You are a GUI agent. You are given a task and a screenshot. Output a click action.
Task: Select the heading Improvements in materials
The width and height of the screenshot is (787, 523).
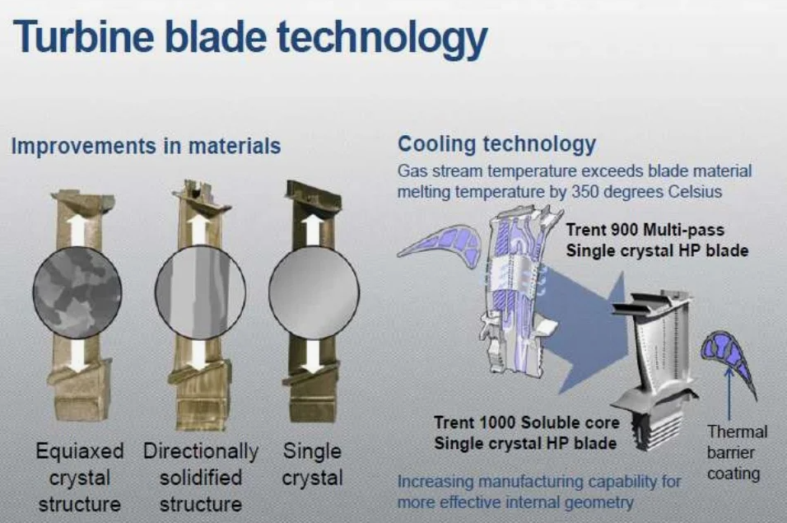(146, 146)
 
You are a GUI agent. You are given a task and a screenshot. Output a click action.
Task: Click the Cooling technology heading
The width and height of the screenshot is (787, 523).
(497, 144)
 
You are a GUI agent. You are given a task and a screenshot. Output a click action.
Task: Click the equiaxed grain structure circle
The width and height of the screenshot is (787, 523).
(77, 292)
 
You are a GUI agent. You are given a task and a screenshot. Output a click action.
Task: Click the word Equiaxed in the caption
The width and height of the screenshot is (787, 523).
(80, 451)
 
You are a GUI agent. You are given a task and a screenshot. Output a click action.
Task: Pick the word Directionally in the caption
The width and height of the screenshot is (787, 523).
(201, 451)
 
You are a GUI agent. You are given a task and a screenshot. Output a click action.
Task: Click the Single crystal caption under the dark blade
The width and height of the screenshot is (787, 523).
(312, 465)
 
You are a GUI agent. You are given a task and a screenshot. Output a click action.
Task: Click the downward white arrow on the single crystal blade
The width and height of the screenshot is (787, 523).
(314, 357)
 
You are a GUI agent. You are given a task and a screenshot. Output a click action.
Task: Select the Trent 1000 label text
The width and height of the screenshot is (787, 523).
(527, 432)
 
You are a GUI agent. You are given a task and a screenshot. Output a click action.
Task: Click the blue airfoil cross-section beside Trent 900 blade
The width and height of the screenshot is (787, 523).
(440, 244)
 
